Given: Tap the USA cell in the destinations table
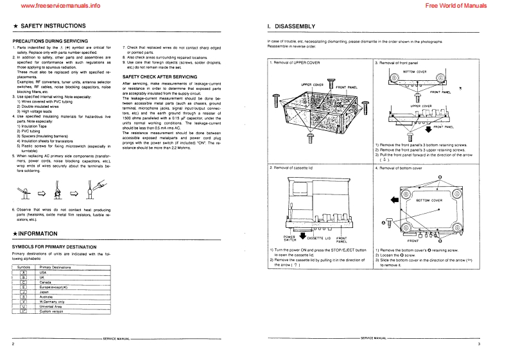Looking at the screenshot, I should point(44,272).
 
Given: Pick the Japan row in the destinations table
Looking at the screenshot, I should point(45,291).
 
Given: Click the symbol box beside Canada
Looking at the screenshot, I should point(23,282).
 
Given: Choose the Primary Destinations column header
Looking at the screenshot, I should point(55,267).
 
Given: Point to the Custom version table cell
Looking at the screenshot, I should point(51,311).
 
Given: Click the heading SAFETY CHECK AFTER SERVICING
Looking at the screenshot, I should point(159,76).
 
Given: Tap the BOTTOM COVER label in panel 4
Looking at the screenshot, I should point(429,200).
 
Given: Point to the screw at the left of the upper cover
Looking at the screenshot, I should point(276,101).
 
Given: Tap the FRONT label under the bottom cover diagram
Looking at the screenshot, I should point(413,241).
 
